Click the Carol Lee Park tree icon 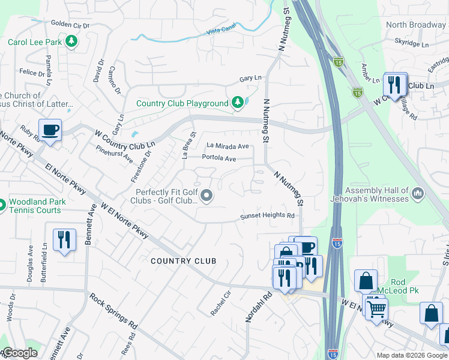pyautogui.click(x=72, y=41)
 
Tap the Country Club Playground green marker pyautogui.click(x=238, y=103)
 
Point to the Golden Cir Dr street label pyautogui.click(x=70, y=25)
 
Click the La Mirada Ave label pyautogui.click(x=228, y=146)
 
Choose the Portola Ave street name pyautogui.click(x=218, y=158)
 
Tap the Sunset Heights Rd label pyautogui.click(x=268, y=216)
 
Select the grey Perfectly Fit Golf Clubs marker pyautogui.click(x=207, y=196)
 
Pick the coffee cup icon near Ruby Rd pyautogui.click(x=50, y=129)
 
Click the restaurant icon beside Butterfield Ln pyautogui.click(x=63, y=239)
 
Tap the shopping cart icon pyautogui.click(x=376, y=308)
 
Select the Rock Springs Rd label pyautogui.click(x=113, y=311)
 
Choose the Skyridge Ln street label pyautogui.click(x=412, y=44)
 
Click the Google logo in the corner pyautogui.click(x=19, y=353)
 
